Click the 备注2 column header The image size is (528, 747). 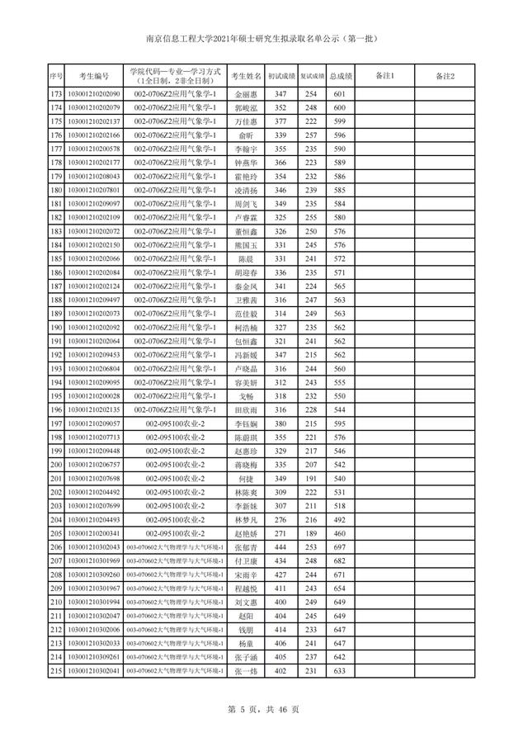click(445, 77)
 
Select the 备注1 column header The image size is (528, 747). click(385, 77)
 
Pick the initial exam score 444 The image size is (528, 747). click(280, 547)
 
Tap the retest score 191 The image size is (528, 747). click(311, 479)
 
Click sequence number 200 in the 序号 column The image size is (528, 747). click(56, 465)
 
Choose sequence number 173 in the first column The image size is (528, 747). click(56, 94)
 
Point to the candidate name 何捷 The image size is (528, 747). click(245, 479)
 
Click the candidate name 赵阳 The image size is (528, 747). click(245, 616)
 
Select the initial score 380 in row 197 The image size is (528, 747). click(280, 423)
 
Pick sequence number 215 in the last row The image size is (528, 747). click(56, 671)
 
